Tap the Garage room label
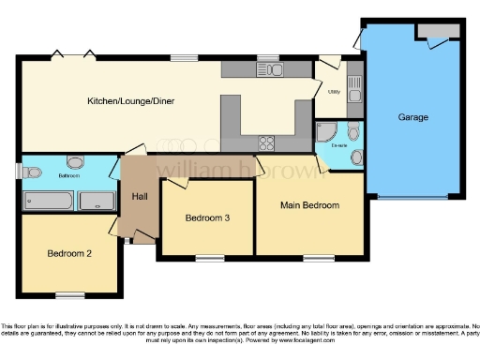(412, 117)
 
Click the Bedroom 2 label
(69, 253)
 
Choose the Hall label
(140, 196)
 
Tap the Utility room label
(334, 92)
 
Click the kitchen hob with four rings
(266, 142)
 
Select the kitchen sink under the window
(274, 70)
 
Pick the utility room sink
(352, 88)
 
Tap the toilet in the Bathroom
(33, 171)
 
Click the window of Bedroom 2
(69, 295)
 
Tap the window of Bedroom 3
(209, 257)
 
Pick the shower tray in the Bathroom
(96, 201)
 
